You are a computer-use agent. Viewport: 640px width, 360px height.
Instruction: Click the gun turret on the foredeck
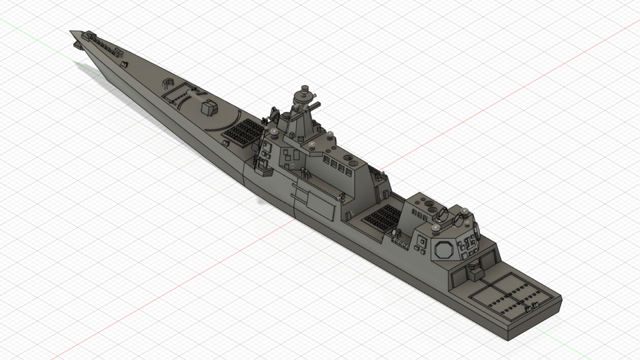[x=208, y=107]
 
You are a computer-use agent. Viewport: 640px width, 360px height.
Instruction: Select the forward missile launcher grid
[x=243, y=131]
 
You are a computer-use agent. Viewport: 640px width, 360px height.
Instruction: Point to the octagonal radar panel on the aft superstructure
[x=444, y=249]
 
